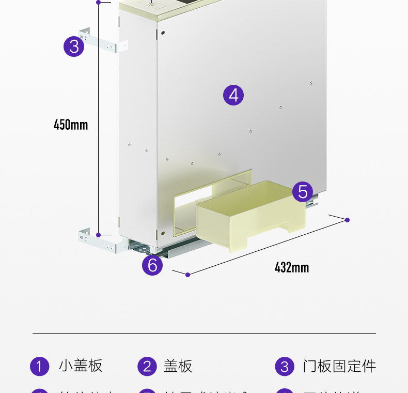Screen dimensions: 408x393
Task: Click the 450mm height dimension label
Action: [71, 125]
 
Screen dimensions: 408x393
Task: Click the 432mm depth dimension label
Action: [292, 267]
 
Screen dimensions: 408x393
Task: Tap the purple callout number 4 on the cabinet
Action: [233, 95]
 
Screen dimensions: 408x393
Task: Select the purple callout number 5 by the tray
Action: [303, 192]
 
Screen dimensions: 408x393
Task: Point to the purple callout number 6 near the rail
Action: [152, 265]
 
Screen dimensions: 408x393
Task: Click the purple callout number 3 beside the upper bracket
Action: [74, 47]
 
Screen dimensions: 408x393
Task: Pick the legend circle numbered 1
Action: [40, 367]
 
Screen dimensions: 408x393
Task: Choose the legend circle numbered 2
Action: [147, 367]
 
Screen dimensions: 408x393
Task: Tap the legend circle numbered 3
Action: [285, 367]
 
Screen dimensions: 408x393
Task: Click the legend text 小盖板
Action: [81, 366]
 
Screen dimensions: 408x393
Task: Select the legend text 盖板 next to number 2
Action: [178, 366]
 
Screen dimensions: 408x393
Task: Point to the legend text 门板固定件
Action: [339, 366]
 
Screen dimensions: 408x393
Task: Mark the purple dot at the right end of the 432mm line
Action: [347, 220]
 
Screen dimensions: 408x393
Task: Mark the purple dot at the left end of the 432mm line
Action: [187, 275]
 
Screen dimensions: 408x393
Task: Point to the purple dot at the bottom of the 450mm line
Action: [98, 234]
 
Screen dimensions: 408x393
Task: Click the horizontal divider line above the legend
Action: [204, 334]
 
